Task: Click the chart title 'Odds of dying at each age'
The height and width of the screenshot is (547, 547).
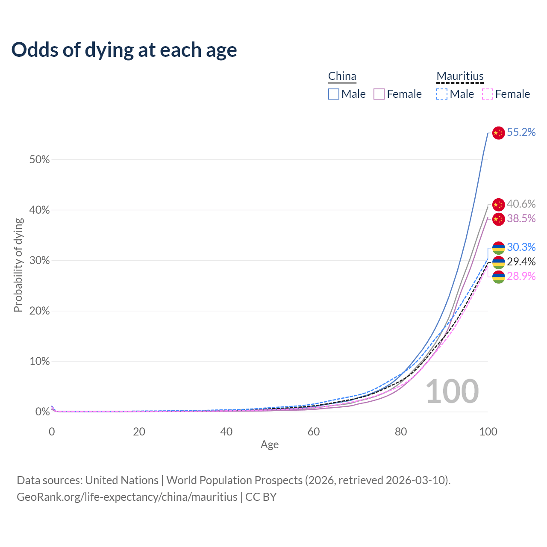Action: [x=124, y=50]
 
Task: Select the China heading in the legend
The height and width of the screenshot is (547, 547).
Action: [x=342, y=76]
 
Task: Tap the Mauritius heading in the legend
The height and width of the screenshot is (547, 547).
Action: [x=460, y=76]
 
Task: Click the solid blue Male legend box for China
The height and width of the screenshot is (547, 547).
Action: [x=334, y=94]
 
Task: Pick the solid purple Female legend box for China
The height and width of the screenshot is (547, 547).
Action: [x=379, y=94]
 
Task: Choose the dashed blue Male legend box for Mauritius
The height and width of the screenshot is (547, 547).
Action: [x=442, y=94]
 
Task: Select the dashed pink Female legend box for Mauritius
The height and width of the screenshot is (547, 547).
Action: [x=487, y=94]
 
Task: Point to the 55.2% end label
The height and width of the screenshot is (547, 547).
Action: [x=521, y=132]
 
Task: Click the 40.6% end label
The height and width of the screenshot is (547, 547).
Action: [x=521, y=204]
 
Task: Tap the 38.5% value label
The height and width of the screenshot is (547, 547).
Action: [x=521, y=219]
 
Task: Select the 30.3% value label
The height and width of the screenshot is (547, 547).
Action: [x=521, y=247]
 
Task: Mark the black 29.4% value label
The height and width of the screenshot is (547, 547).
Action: [x=521, y=262]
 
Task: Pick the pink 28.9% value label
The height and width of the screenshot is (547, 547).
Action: [x=521, y=276]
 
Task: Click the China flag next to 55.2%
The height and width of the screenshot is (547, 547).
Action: [x=498, y=133]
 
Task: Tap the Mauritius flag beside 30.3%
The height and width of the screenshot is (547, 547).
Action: [x=498, y=248]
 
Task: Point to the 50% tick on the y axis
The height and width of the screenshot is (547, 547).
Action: [x=39, y=160]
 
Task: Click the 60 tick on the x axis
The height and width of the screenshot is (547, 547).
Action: [x=314, y=432]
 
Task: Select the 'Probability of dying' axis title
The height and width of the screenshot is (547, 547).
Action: [x=18, y=265]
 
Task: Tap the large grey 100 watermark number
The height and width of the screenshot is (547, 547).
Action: [x=452, y=391]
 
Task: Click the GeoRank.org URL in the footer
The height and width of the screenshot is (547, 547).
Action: [x=127, y=497]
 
